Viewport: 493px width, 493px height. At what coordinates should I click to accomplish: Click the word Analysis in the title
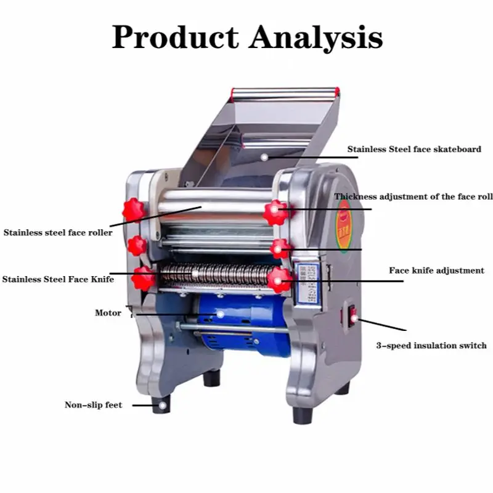pos(315,38)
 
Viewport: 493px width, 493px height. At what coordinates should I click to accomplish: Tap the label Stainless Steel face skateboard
pos(414,149)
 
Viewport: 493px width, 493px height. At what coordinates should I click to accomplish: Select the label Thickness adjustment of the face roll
pos(414,197)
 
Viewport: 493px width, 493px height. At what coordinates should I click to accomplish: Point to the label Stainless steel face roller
pos(58,233)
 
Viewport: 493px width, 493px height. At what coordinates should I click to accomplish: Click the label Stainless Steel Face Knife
pos(58,279)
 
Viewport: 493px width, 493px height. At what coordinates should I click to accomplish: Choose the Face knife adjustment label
pos(436,271)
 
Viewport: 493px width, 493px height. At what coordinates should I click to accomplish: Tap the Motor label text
pos(108,313)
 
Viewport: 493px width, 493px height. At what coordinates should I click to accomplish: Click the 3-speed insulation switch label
pos(431,346)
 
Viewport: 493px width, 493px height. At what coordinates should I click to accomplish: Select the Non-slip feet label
pos(93,405)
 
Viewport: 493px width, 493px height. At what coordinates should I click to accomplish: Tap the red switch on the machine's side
pos(354,318)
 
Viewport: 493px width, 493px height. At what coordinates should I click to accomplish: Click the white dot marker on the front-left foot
pos(163,405)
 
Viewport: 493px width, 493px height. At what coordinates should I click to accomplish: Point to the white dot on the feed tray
pos(264,157)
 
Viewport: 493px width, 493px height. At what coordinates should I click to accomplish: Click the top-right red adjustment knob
pos(275,213)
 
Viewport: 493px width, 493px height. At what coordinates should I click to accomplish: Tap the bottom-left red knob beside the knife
pos(144,278)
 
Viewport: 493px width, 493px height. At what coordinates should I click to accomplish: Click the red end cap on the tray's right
pos(336,92)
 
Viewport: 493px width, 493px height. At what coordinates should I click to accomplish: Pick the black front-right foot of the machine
pos(301,415)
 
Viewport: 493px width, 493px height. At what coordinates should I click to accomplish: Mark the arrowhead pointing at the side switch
pos(361,320)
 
